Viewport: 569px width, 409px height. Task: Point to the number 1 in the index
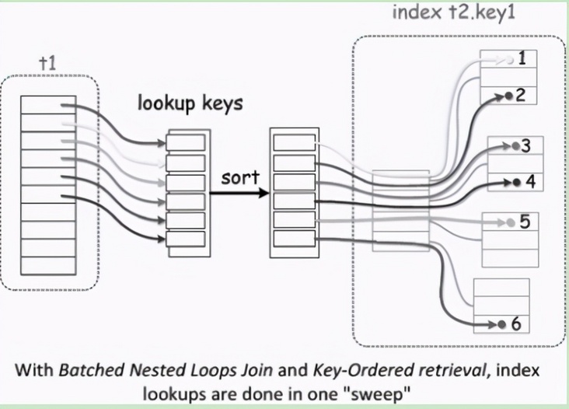(523, 59)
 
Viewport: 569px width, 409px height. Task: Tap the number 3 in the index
(526, 145)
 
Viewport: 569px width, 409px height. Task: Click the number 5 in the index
(525, 222)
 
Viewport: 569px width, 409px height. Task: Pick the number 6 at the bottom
(516, 323)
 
